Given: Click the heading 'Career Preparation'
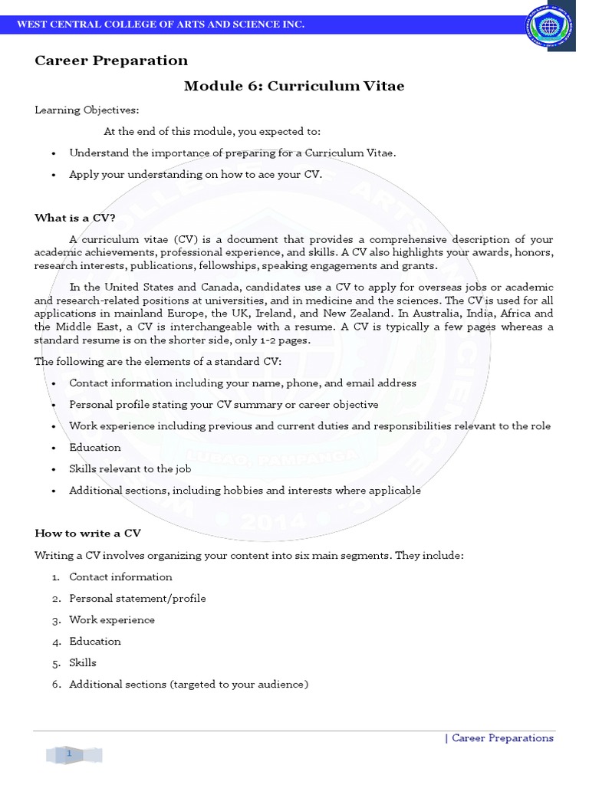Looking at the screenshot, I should [x=111, y=61].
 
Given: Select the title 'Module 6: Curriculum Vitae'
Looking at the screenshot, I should [x=294, y=86].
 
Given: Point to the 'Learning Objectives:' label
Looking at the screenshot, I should [x=87, y=110].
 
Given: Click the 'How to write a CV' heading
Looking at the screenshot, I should [x=87, y=533].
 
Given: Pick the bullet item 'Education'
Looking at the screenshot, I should [x=95, y=448].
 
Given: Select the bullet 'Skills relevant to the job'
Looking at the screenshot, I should [x=130, y=469].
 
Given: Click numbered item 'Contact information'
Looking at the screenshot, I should [x=120, y=577].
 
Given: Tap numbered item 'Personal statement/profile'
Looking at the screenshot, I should [x=137, y=599].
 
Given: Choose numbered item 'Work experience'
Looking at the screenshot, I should [x=112, y=620].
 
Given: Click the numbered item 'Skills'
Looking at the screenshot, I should [x=83, y=663].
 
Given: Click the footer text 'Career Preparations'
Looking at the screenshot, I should [x=502, y=738].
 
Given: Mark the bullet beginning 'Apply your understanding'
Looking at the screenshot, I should [x=196, y=175].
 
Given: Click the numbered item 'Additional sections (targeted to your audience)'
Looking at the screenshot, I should [x=189, y=685].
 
